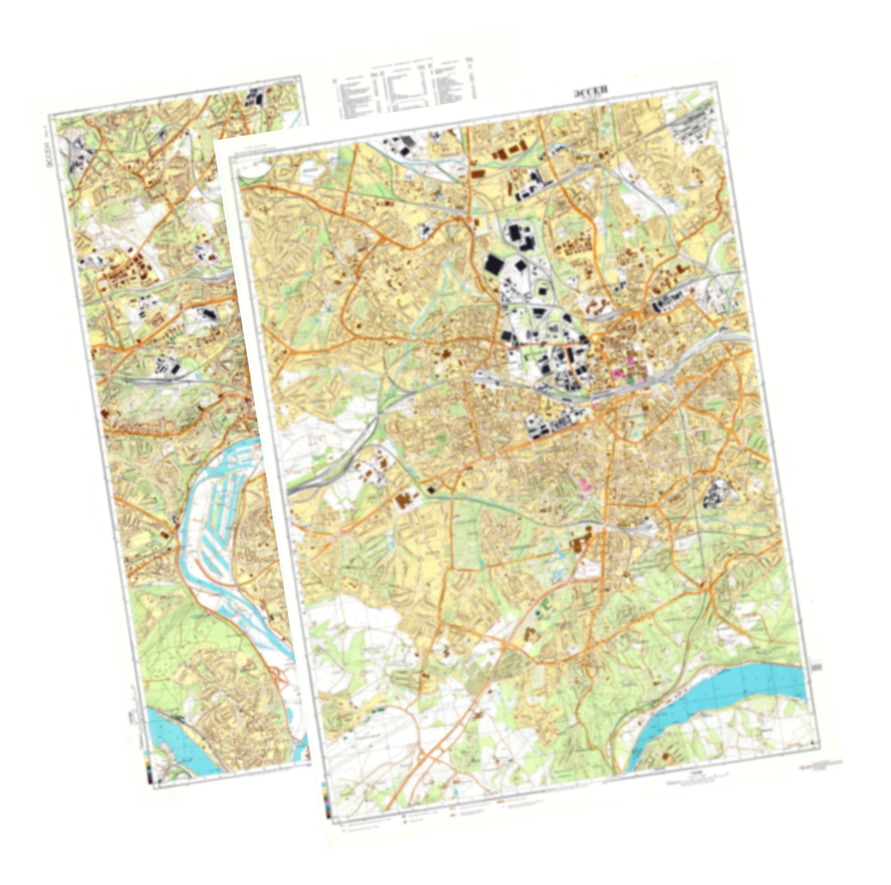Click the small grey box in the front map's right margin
coord(817,666)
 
